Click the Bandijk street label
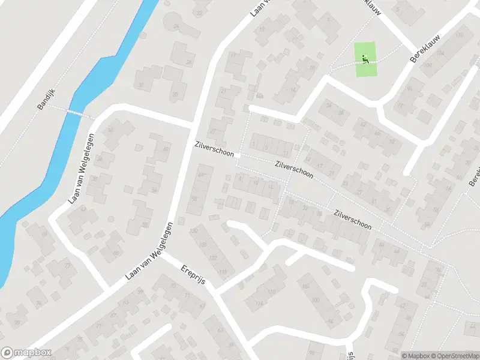[46, 99]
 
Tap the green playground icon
[365, 59]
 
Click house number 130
[193, 231]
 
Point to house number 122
[213, 258]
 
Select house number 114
[259, 304]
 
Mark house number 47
[201, 175]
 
